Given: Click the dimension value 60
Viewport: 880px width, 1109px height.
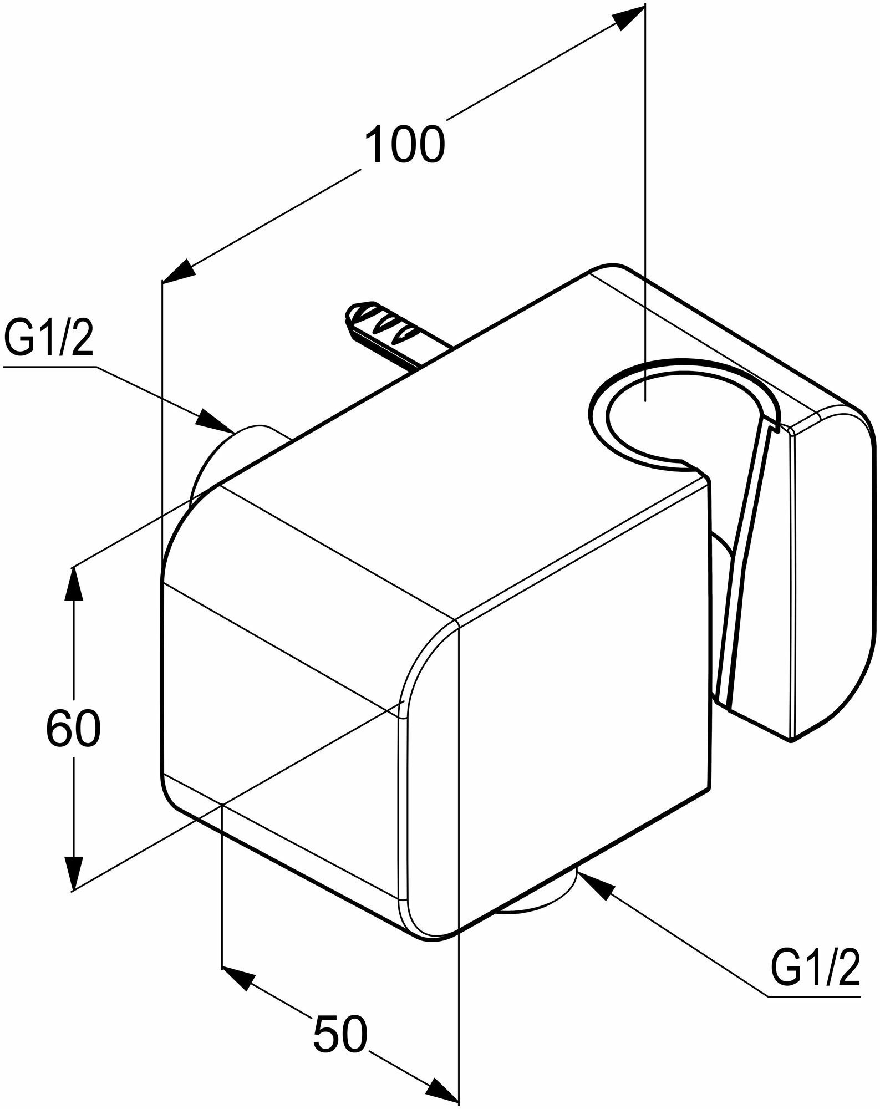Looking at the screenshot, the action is click(73, 728).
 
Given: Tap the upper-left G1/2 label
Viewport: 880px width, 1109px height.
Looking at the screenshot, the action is click(48, 343).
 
